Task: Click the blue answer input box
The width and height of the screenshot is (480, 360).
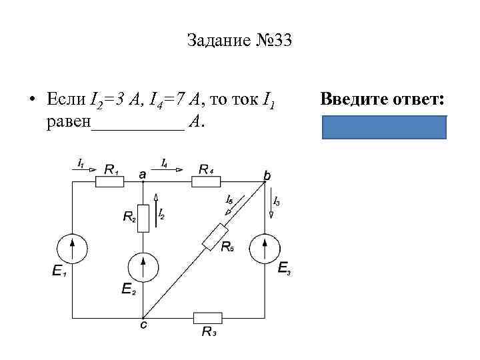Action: [384, 127]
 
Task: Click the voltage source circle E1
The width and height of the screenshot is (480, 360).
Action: [71, 250]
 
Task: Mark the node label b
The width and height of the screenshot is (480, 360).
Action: [267, 174]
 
